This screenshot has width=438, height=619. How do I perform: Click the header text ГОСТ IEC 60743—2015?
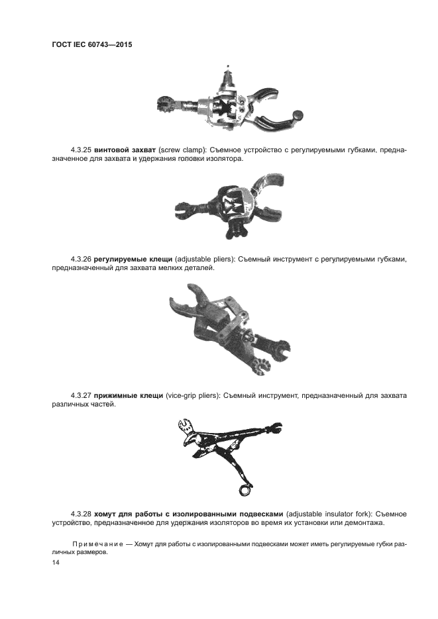pyautogui.click(x=92, y=44)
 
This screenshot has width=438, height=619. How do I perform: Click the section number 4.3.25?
pyautogui.click(x=81, y=150)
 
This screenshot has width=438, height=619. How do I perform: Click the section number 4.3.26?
pyautogui.click(x=81, y=260)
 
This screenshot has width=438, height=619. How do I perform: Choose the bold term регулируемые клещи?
pyautogui.click(x=133, y=260)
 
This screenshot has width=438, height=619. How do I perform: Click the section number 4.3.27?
pyautogui.click(x=81, y=395)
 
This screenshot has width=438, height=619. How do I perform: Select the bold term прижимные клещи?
pyautogui.click(x=129, y=395)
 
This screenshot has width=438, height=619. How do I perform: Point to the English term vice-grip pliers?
pyautogui.click(x=192, y=395)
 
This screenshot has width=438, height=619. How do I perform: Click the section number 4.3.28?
pyautogui.click(x=81, y=514)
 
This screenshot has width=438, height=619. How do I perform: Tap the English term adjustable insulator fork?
pyautogui.click(x=328, y=514)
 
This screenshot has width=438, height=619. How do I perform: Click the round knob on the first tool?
pyautogui.click(x=298, y=115)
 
